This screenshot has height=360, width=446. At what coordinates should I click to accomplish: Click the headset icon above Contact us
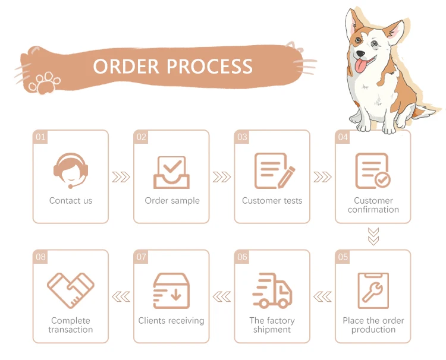70,170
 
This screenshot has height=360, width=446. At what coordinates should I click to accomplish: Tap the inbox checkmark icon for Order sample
171,171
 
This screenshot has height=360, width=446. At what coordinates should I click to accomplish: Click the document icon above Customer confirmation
373,170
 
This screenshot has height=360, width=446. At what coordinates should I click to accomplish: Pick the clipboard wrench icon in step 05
373,290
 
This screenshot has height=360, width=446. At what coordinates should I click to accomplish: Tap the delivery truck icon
272,290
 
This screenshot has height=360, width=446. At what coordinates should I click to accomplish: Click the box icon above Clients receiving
171,290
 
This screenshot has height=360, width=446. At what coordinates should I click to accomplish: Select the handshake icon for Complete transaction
70,290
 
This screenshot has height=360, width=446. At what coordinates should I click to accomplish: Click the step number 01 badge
40,137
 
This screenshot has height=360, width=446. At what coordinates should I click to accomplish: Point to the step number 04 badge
343,137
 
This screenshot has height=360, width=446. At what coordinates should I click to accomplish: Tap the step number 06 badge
242,257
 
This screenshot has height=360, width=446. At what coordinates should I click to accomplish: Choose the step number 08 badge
40,257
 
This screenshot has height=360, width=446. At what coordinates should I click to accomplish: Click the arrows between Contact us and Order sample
121,177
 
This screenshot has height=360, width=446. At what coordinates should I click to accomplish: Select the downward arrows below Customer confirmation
373,236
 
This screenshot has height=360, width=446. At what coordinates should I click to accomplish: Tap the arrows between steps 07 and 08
121,296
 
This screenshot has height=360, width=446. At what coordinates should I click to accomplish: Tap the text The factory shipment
272,325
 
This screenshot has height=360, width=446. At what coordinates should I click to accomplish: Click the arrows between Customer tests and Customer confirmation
322,177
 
